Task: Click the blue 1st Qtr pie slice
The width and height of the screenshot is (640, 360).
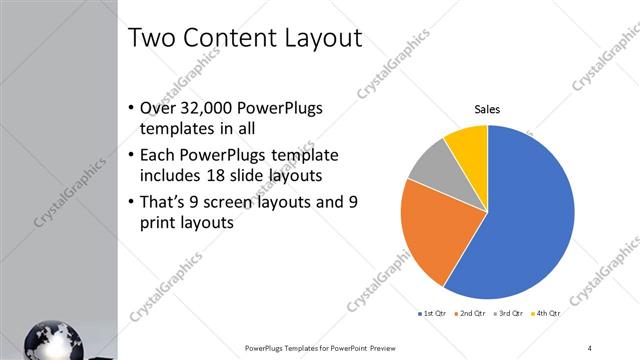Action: (x=525, y=215)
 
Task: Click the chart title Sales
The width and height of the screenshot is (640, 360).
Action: (x=487, y=110)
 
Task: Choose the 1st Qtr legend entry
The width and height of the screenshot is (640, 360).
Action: (x=431, y=314)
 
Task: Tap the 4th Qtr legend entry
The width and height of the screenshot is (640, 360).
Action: (x=546, y=314)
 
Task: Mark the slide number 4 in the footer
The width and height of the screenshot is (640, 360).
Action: (x=590, y=347)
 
